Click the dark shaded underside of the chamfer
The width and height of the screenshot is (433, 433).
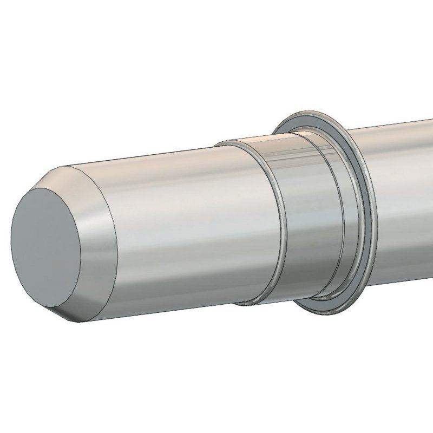[81, 311]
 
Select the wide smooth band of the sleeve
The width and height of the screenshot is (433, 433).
[309, 216]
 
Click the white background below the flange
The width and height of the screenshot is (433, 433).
[325, 379]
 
